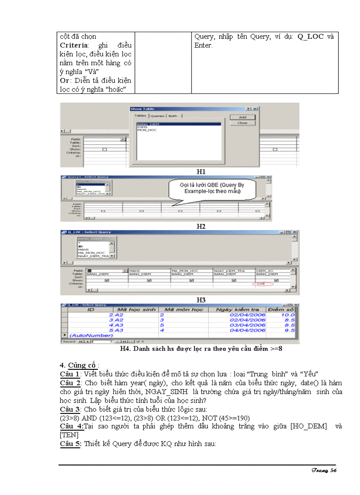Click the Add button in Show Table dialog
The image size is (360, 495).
pos(242,117)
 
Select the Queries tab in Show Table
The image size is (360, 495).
pos(157,116)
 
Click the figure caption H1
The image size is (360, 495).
pos(201,171)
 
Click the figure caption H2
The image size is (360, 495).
pos(201,226)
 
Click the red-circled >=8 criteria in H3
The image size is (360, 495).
pos(263,284)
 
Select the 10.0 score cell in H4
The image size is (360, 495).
pos(287,315)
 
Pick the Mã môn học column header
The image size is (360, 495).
pos(181,310)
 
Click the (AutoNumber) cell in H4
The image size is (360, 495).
pos(91,335)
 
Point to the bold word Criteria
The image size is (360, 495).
pos(74,45)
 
